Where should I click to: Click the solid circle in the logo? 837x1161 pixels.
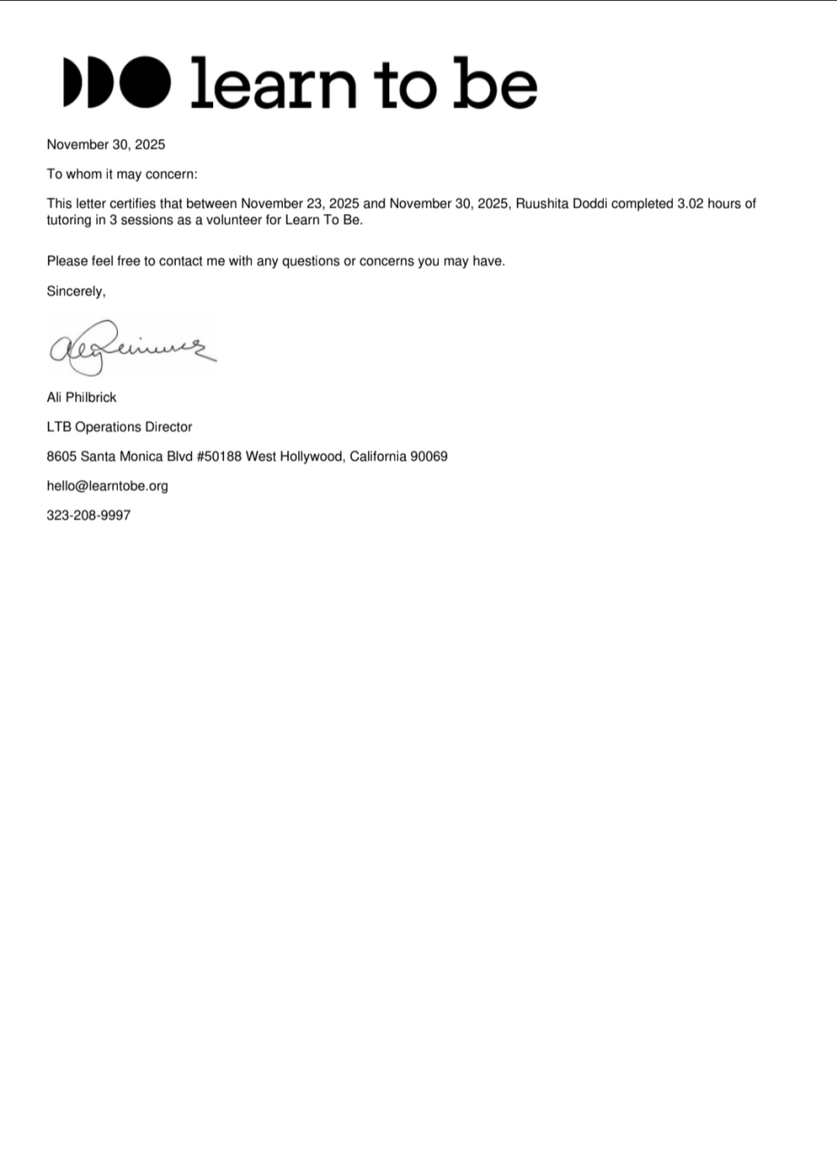point(146,81)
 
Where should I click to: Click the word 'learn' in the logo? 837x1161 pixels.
point(274,83)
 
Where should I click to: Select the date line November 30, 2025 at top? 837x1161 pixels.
point(106,144)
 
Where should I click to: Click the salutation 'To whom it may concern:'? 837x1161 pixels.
point(122,174)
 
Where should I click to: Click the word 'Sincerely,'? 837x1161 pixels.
point(76,291)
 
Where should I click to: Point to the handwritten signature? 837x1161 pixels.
point(131,347)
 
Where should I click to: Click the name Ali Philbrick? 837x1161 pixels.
point(82,397)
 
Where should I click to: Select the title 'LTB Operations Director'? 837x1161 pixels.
point(119,426)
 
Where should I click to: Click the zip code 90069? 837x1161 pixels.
point(429,456)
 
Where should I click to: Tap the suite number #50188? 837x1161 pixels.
point(219,456)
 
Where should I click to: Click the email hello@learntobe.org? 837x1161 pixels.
point(107,486)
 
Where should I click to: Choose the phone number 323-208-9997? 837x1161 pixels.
point(88,515)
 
